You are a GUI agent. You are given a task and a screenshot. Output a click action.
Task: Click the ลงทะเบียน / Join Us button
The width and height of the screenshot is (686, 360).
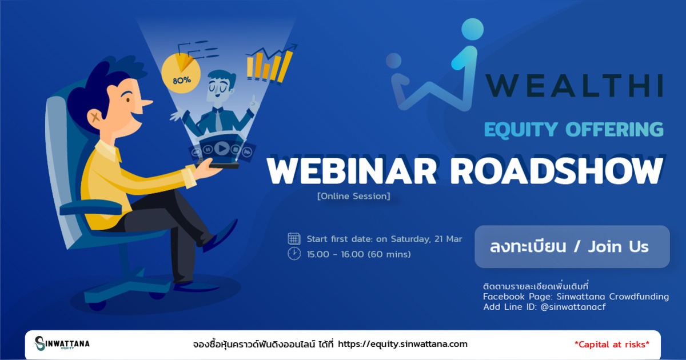(571, 247)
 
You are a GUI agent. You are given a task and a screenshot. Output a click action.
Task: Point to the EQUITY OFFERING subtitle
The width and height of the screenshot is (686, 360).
(573, 129)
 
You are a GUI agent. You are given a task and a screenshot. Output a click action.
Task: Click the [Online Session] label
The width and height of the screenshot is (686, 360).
(353, 196)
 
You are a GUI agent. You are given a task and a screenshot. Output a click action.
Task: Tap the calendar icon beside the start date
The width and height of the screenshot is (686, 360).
(294, 239)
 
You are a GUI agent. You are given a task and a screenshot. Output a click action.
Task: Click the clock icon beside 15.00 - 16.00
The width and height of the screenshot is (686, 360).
(294, 254)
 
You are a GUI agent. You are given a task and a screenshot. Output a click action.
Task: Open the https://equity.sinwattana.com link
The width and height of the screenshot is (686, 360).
(402, 344)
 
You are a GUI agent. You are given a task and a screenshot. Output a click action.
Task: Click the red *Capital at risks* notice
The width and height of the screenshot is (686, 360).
(612, 344)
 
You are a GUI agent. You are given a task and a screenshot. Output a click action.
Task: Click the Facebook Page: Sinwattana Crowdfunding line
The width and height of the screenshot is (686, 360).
(576, 297)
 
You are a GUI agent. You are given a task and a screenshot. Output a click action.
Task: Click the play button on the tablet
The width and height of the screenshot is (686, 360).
(222, 149)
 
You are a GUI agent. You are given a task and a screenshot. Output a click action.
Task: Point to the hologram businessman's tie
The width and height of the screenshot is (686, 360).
(218, 120)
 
